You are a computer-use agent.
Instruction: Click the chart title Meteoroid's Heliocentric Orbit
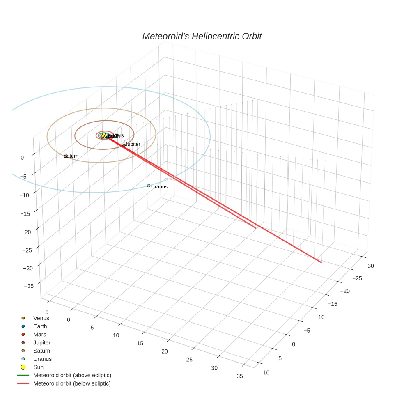tap(202, 37)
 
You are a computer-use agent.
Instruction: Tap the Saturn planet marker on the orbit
tap(65, 156)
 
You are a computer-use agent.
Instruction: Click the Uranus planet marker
tap(149, 186)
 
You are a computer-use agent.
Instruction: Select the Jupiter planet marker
tap(124, 145)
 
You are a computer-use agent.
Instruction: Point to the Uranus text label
tap(159, 187)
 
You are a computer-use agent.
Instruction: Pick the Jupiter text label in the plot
tap(133, 144)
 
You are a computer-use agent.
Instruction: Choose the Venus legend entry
tap(41, 318)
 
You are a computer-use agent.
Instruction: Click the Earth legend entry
tap(40, 326)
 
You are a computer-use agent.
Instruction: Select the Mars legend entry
tap(39, 335)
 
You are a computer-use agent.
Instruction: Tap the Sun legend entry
tap(38, 367)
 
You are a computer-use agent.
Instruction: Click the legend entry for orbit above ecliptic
tap(72, 375)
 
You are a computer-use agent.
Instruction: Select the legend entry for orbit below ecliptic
tap(72, 383)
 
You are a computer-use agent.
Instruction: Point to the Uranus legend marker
tap(23, 359)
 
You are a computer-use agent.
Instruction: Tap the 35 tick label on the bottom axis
tap(240, 376)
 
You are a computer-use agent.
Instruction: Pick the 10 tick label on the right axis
tap(266, 372)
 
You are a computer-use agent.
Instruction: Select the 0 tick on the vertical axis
tap(22, 158)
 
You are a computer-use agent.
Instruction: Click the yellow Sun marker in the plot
tap(104, 135)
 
